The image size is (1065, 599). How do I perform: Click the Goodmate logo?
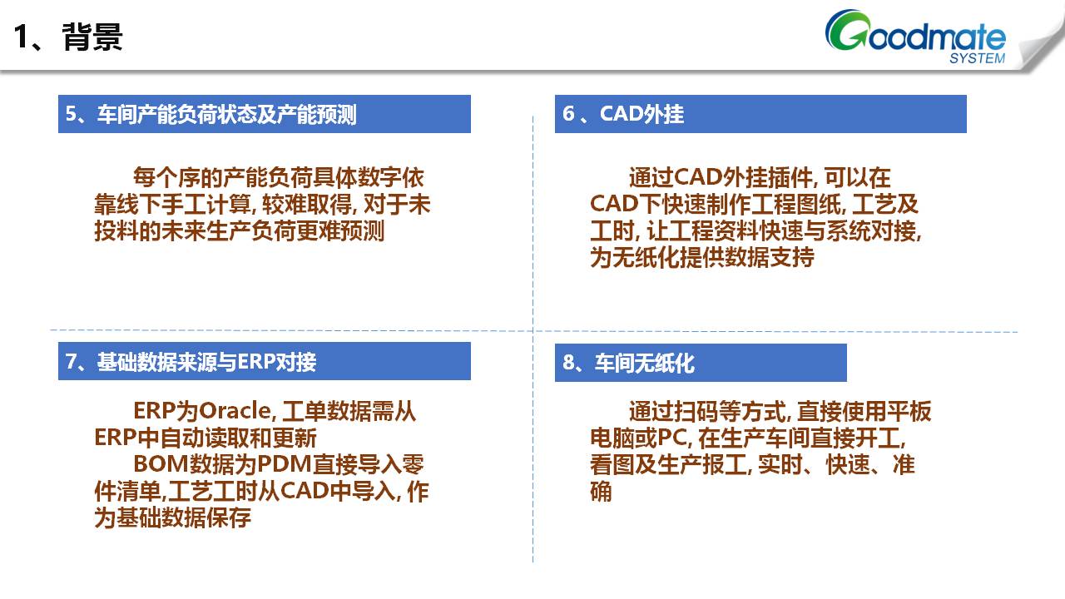(915, 36)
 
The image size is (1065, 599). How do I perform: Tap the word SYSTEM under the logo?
(977, 58)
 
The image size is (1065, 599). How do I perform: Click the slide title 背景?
(92, 37)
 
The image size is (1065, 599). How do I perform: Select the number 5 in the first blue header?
(71, 114)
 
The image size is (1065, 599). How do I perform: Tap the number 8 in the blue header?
(568, 362)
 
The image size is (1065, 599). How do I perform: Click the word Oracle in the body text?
(235, 411)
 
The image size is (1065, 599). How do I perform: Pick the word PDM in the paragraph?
(285, 464)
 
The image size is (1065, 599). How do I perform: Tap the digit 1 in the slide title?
(21, 37)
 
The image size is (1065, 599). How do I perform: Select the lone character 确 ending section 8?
(601, 491)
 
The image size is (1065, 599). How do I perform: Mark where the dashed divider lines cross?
(533, 330)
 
